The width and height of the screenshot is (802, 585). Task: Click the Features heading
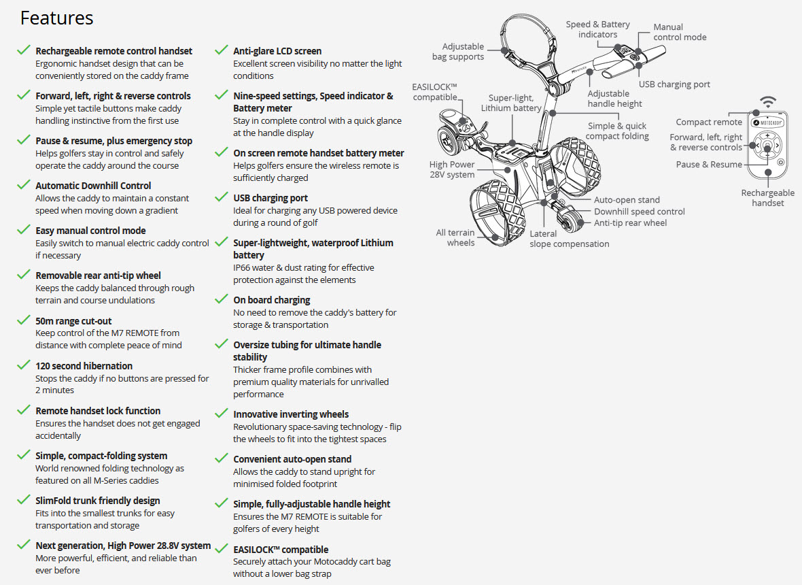tap(57, 18)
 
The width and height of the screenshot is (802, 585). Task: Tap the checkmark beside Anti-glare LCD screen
tap(222, 50)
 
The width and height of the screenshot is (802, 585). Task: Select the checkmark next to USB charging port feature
tap(222, 198)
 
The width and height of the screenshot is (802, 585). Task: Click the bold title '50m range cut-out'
tap(73, 321)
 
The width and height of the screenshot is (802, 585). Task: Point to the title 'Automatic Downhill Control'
tap(93, 186)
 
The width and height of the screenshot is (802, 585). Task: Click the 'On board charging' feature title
tap(271, 300)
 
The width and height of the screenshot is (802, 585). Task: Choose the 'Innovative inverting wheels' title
tap(291, 414)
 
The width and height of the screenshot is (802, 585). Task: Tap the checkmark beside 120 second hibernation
tap(24, 365)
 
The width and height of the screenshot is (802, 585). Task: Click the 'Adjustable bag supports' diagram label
tap(458, 52)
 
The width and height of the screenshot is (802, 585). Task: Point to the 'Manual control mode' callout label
tap(680, 32)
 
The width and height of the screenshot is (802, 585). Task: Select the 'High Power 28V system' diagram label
tap(452, 169)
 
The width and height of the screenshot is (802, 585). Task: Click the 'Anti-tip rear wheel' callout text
tap(631, 223)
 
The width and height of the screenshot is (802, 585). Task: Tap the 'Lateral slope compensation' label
tap(570, 239)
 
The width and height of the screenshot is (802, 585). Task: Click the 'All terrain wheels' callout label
tap(455, 237)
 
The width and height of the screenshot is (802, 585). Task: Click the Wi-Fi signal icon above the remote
tap(768, 103)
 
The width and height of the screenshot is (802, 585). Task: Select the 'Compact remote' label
tap(709, 122)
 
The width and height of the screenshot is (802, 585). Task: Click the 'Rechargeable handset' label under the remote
tap(768, 198)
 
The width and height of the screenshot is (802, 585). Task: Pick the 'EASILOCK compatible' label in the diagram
tap(434, 92)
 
